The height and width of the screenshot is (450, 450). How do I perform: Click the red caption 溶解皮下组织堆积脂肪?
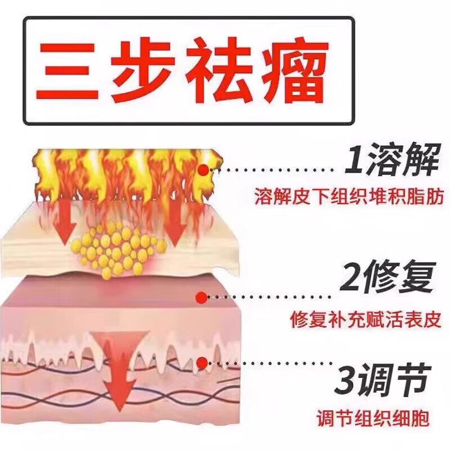point(349,197)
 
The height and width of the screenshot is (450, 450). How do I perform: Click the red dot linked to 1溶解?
point(202,168)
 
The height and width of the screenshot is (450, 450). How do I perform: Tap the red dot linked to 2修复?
point(198,296)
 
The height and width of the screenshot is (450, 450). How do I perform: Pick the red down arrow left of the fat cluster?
point(68,222)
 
